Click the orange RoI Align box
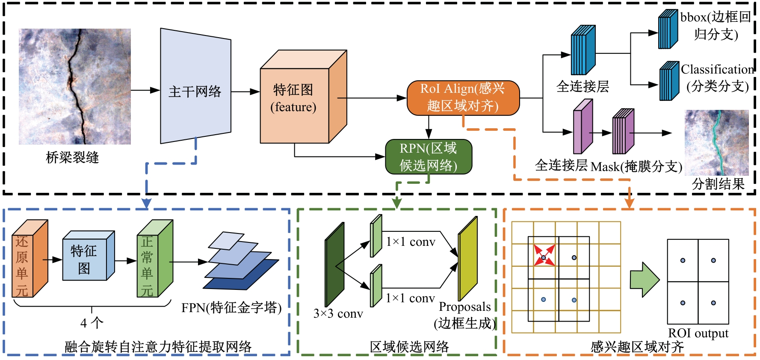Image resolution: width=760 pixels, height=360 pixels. [x=463, y=98]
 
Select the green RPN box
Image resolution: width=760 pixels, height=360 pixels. [x=428, y=157]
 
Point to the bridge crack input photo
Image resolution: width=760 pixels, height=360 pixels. [x=75, y=86]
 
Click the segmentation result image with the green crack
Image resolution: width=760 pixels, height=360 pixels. [x=716, y=142]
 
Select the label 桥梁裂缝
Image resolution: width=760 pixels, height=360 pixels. [x=72, y=157]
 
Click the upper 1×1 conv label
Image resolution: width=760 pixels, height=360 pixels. [x=410, y=242]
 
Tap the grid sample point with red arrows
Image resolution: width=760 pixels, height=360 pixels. [x=544, y=257]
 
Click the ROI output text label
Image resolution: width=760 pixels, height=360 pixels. [x=698, y=333]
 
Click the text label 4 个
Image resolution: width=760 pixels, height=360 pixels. [x=92, y=323]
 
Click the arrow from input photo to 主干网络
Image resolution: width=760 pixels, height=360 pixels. [x=145, y=90]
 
